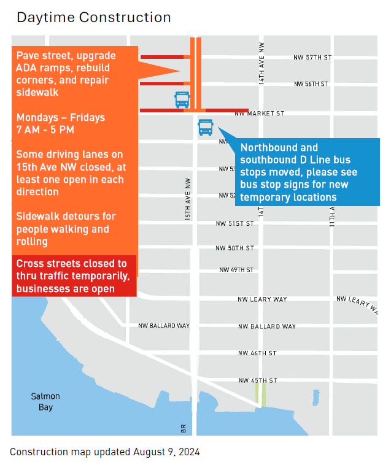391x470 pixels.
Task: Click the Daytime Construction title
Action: click(x=94, y=17)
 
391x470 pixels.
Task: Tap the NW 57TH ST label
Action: click(x=312, y=57)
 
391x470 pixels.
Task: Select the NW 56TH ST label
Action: click(x=311, y=83)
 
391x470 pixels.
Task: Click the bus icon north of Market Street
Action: click(x=182, y=99)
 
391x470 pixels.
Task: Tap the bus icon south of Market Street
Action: click(x=205, y=127)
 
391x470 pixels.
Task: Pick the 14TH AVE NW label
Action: click(x=261, y=63)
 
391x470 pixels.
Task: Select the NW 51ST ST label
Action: click(x=234, y=224)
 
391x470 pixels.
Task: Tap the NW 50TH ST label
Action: click(x=234, y=248)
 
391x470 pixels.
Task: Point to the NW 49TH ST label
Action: click(x=236, y=270)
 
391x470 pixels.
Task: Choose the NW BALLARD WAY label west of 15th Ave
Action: click(x=164, y=326)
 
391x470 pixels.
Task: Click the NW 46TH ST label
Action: click(x=258, y=353)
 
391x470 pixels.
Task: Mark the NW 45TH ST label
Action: click(x=258, y=380)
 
